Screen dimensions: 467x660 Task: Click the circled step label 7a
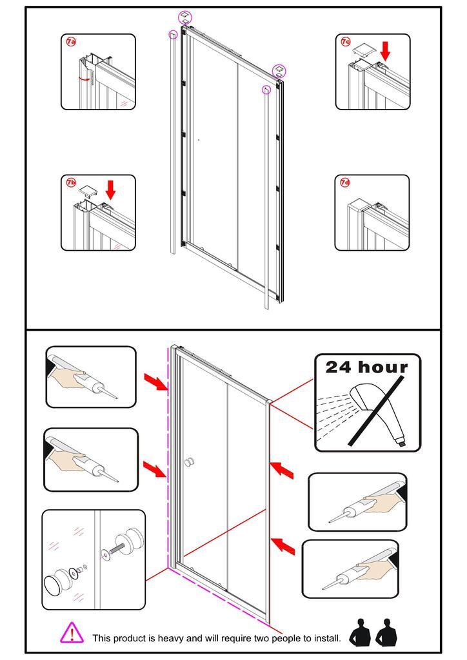(x=71, y=42)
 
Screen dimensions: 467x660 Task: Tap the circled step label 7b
(x=71, y=182)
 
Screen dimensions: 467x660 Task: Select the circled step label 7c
(x=345, y=42)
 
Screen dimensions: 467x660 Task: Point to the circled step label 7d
(x=345, y=182)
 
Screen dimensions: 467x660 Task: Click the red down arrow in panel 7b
(x=110, y=190)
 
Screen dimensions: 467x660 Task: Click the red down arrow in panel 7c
(x=385, y=50)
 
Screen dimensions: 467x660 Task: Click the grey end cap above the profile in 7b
(x=88, y=191)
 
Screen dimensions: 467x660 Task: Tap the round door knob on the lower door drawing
(x=190, y=461)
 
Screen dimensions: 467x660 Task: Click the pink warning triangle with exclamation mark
(x=72, y=633)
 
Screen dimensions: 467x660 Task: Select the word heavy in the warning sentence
(x=170, y=639)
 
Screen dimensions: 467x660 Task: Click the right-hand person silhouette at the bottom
(x=386, y=632)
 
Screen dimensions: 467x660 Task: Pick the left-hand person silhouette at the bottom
(x=360, y=632)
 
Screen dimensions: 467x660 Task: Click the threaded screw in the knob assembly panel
(x=117, y=549)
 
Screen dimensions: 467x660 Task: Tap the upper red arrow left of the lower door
(x=155, y=381)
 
